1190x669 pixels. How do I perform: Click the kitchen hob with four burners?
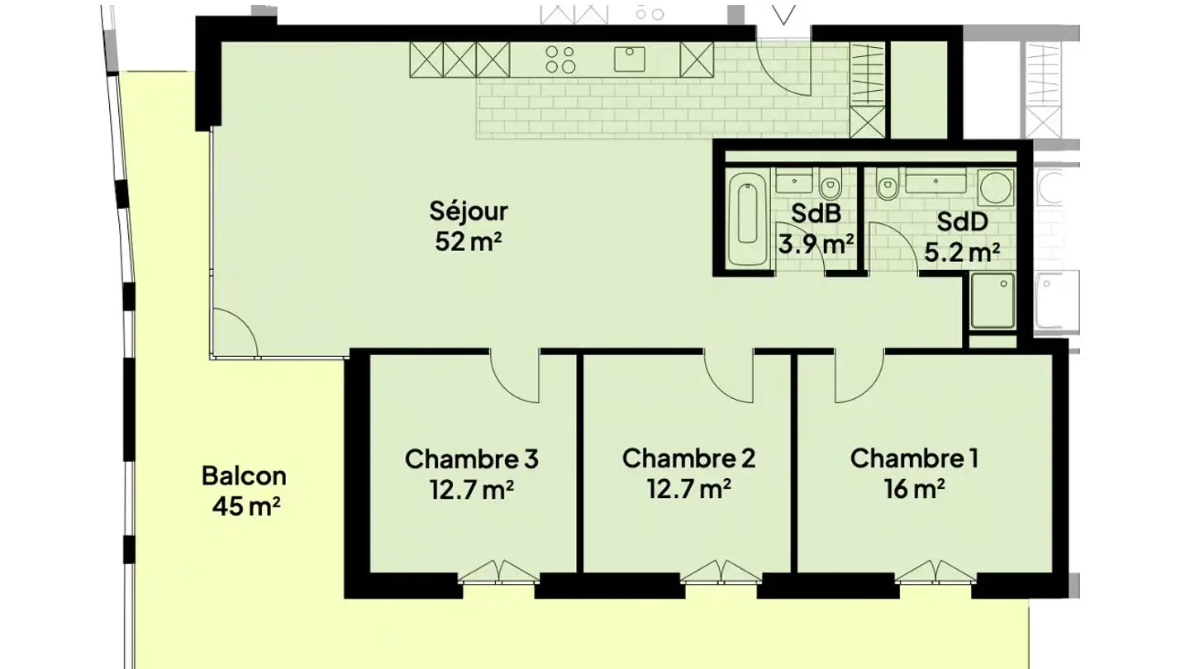[x=560, y=59]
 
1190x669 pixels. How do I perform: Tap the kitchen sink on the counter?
[x=630, y=59]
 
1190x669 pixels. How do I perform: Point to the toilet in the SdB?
[x=830, y=183]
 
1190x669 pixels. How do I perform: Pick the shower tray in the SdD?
[x=992, y=301]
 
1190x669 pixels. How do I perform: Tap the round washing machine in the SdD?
[x=996, y=187]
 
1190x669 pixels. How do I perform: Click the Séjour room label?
[x=469, y=211]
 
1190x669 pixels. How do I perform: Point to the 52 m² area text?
[x=468, y=242]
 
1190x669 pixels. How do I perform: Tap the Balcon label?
[x=244, y=476]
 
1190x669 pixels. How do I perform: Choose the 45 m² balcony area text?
[x=246, y=506]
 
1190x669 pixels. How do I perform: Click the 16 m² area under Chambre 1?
[x=914, y=489]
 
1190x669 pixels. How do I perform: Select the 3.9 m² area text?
[x=816, y=244]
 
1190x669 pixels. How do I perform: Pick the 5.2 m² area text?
[x=962, y=252]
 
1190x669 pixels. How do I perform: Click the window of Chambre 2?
[x=721, y=579]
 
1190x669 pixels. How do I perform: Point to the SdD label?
[x=962, y=221]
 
